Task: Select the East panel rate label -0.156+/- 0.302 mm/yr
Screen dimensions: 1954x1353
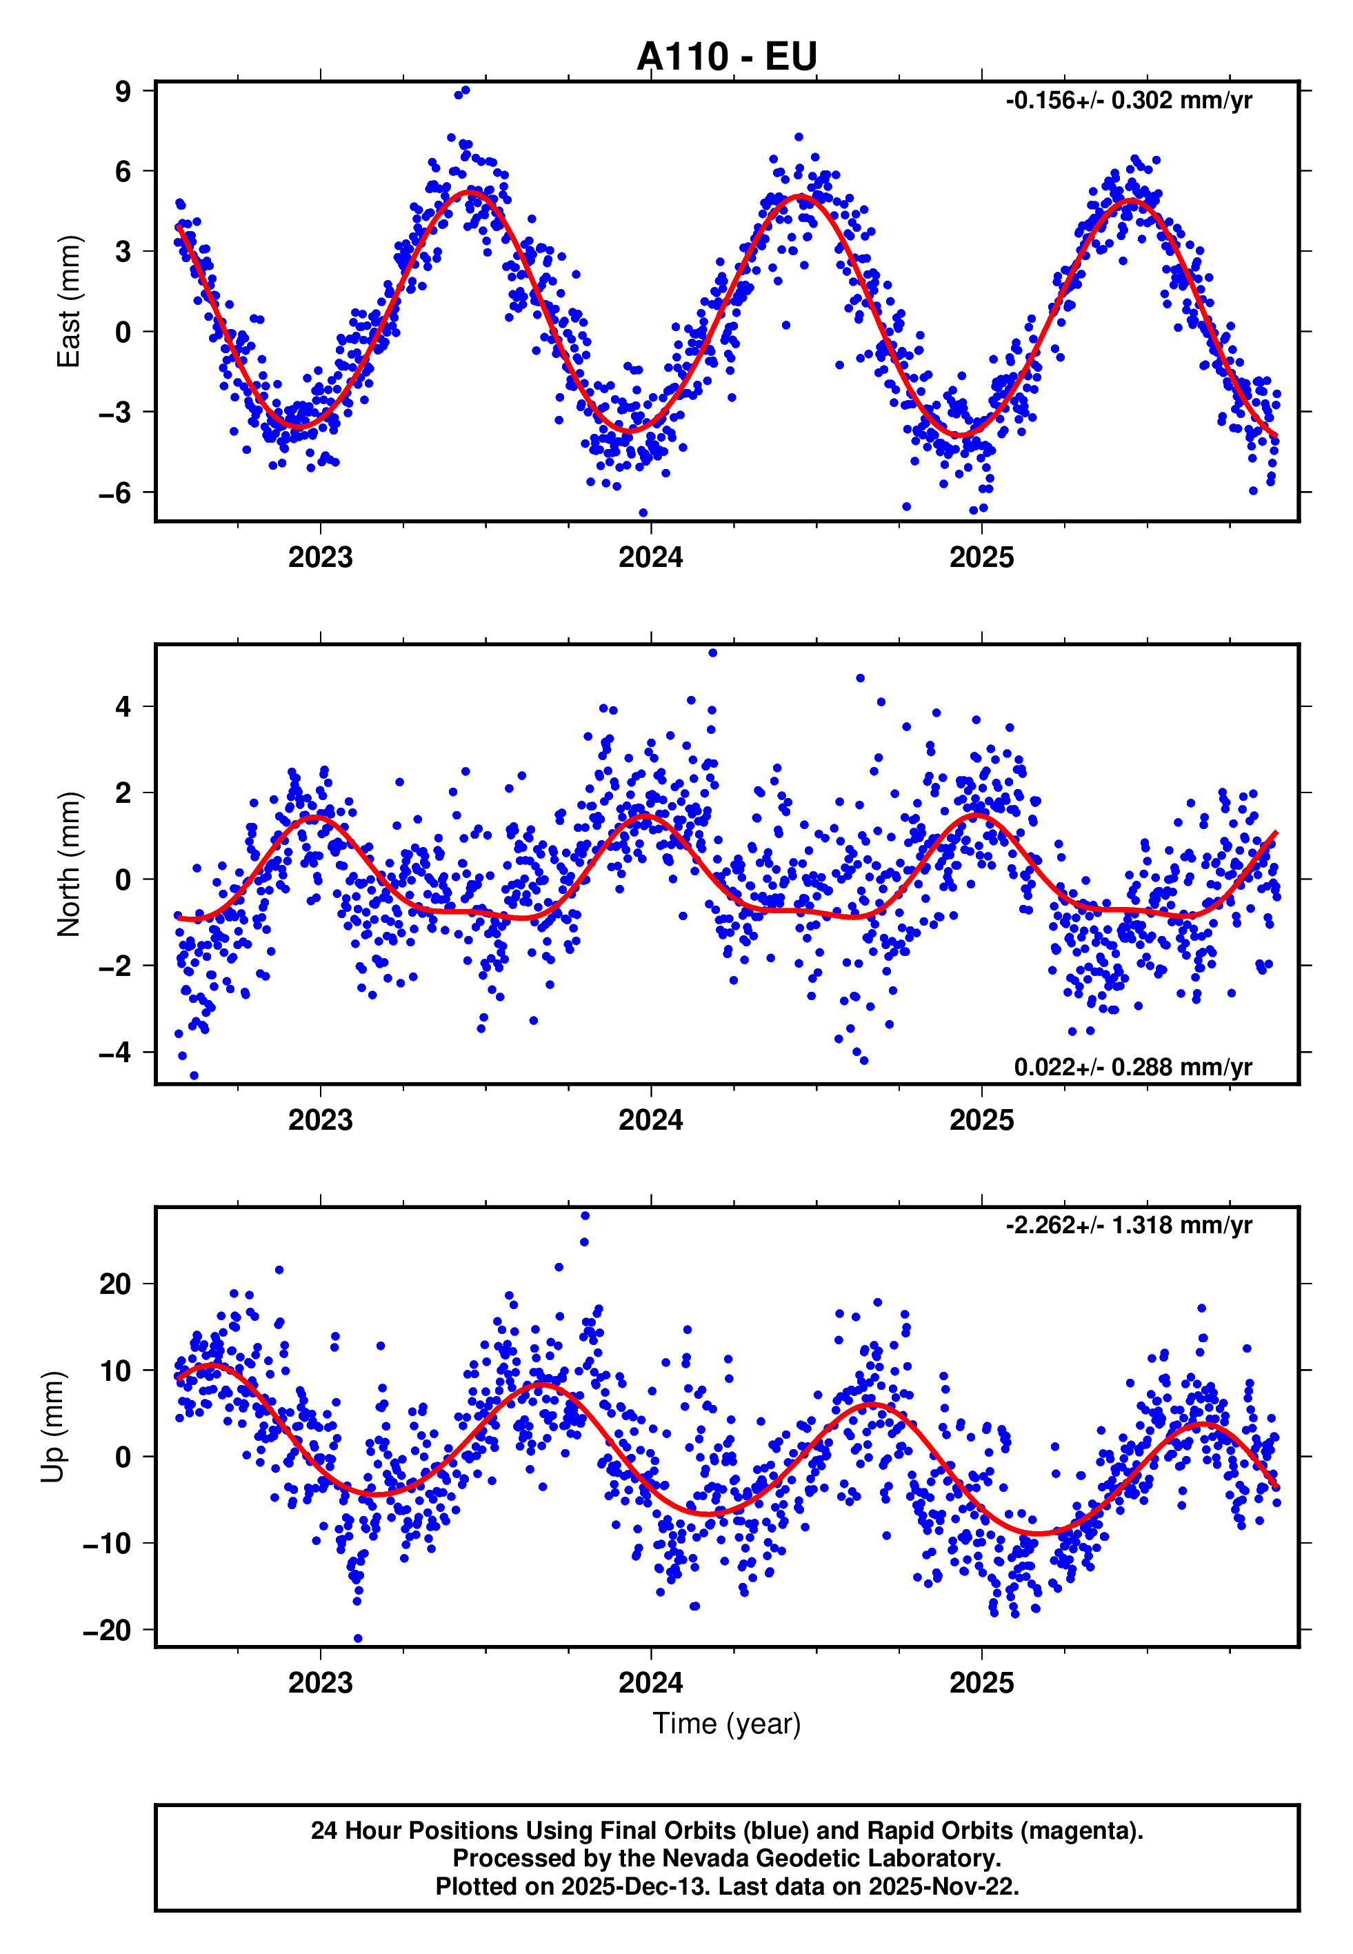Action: tap(1127, 101)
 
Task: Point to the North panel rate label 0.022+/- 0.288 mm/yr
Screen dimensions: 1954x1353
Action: tap(1132, 1066)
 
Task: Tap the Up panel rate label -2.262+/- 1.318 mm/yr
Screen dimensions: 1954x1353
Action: tap(1127, 1225)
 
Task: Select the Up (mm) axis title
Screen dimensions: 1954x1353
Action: tap(52, 1427)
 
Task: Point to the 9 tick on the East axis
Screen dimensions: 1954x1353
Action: tap(123, 91)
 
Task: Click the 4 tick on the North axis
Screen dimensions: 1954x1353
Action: tap(123, 706)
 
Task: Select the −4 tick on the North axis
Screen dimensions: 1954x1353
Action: tap(115, 1052)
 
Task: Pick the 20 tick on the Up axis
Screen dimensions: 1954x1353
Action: tap(115, 1284)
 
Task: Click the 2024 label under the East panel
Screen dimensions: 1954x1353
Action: tap(650, 558)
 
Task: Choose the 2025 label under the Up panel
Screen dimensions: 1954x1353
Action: tap(981, 1683)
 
